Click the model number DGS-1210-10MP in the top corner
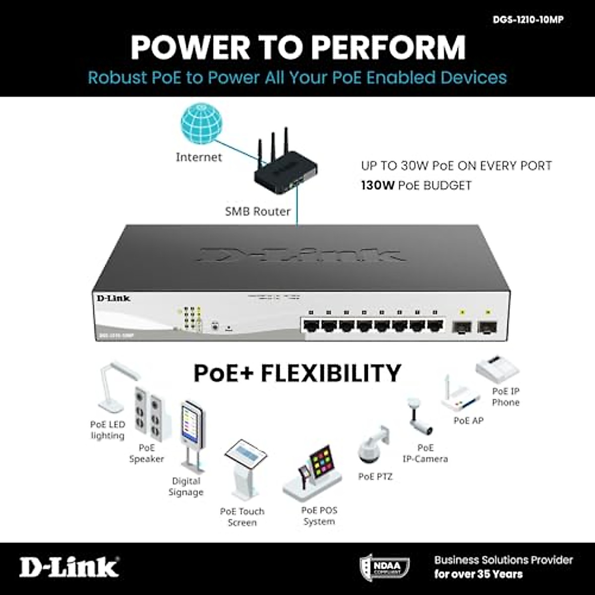point(528,20)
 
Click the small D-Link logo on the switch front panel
point(113,298)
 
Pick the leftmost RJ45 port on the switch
point(311,326)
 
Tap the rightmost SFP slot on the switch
point(487,327)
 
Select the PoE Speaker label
point(147,453)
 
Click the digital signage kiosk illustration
point(192,436)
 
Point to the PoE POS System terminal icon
point(315,474)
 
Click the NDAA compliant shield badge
point(384,566)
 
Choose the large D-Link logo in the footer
point(69,567)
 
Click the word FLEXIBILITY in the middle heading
point(331,373)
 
